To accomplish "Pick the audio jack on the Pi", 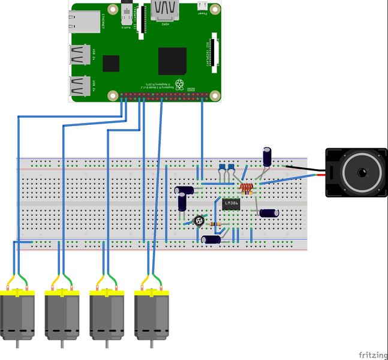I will pos(127,11).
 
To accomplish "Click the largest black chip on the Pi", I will pos(172,61).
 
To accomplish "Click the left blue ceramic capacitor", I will pos(222,167).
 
